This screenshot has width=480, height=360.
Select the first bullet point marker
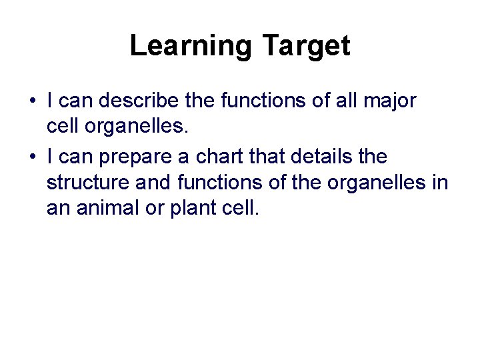32,102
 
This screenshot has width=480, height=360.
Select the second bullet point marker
32,157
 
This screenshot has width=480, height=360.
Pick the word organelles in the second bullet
377,182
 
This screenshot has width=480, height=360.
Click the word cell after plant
242,208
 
